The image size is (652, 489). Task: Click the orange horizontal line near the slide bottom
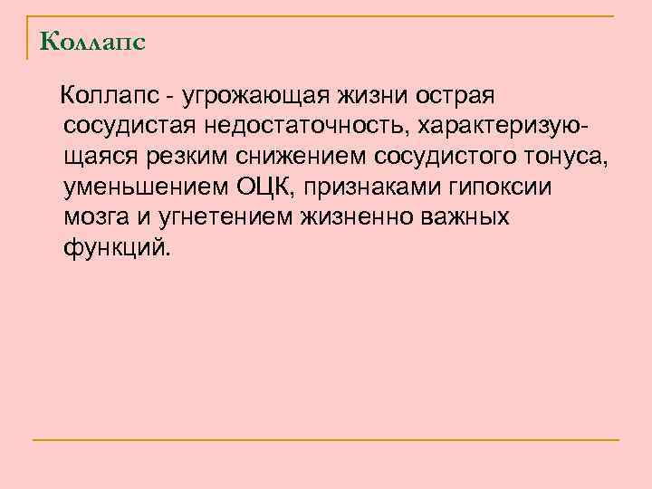[x=326, y=440]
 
